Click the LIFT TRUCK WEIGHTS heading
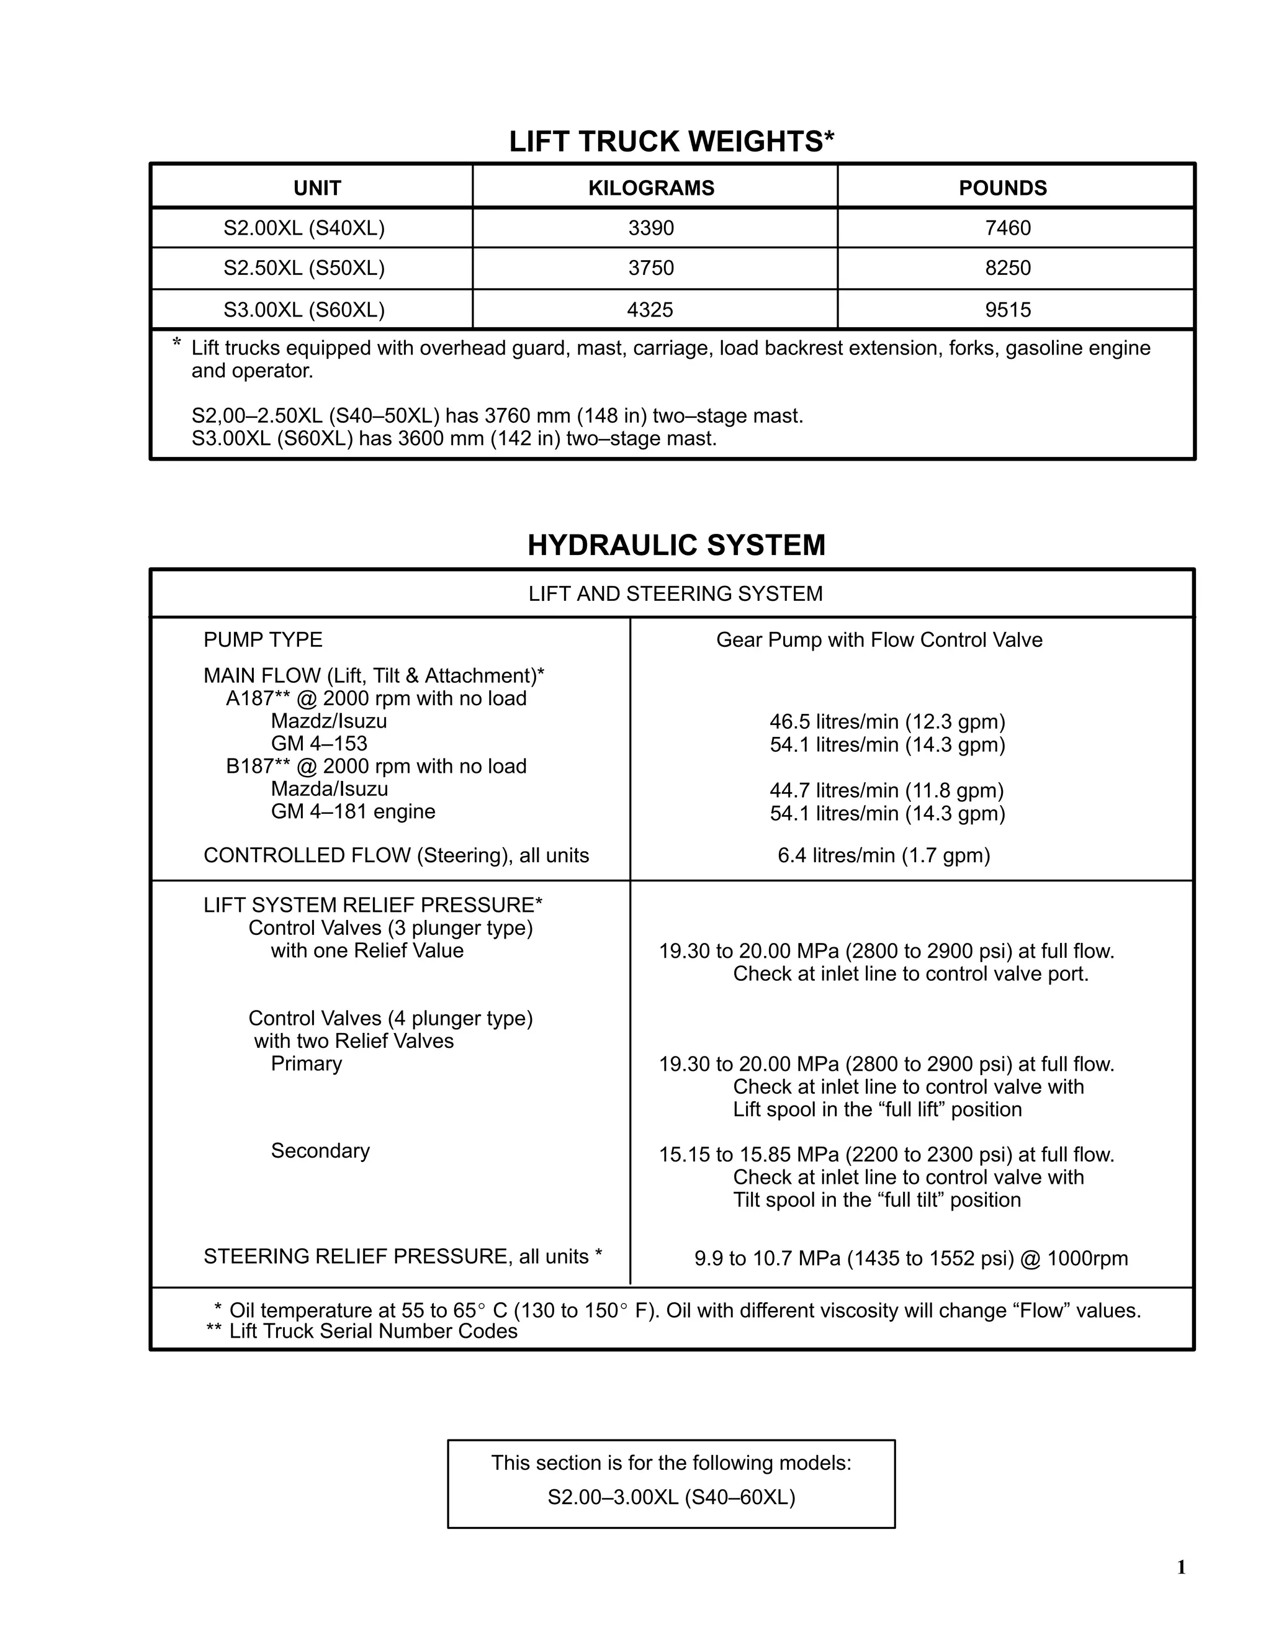[671, 142]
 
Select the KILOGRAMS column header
[651, 187]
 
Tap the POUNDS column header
[1002, 187]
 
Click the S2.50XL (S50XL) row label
[304, 268]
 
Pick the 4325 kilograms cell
[650, 310]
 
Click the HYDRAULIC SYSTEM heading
[676, 545]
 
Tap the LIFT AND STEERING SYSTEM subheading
[675, 593]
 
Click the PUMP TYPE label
[263, 639]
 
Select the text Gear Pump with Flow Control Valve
[879, 639]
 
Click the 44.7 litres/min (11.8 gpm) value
[886, 790]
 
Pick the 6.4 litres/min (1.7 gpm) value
[883, 855]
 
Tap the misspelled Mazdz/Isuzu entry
[328, 721]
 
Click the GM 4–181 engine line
[353, 811]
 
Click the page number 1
[1180, 1567]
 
